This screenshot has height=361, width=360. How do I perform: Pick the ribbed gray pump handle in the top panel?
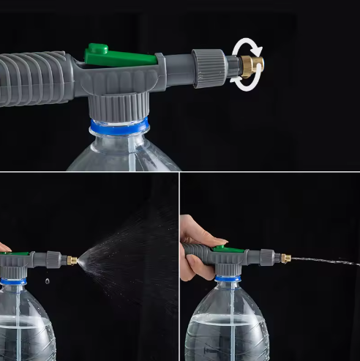point(33,78)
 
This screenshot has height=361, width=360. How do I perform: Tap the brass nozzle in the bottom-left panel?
point(72,260)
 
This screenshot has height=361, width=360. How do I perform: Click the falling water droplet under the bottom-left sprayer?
point(45,280)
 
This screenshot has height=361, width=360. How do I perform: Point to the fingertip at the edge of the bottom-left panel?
point(4,248)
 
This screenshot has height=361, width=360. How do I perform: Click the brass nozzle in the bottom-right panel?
point(285,258)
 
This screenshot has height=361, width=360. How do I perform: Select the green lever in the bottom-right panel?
point(228,250)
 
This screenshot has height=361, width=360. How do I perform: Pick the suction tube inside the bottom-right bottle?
point(233,322)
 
